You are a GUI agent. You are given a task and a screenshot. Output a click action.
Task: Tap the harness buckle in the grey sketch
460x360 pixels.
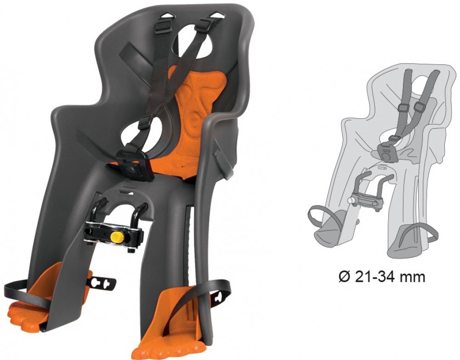tap(387, 152)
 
